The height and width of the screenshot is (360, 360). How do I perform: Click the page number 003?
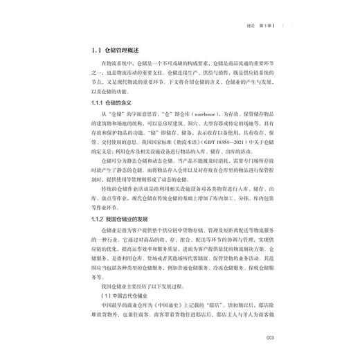point(271,337)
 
